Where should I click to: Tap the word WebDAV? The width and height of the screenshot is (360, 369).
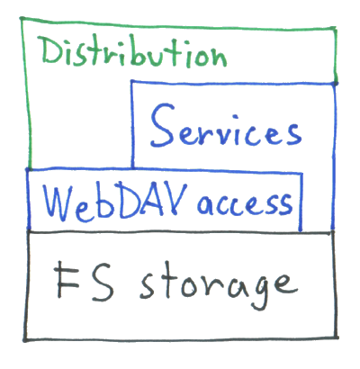point(115,202)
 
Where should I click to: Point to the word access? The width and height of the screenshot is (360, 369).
point(245,204)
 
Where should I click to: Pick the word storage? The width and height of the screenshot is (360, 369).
point(219,285)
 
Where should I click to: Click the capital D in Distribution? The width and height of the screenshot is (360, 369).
point(51,50)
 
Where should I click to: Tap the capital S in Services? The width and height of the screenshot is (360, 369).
point(163,125)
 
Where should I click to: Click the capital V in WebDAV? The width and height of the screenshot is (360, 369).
point(175,199)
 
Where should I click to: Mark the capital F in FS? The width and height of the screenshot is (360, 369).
point(67,279)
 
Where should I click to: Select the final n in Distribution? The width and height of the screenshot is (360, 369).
point(219,57)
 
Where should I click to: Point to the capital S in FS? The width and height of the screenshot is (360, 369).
point(102,281)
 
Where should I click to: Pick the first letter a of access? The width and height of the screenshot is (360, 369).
point(206,205)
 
